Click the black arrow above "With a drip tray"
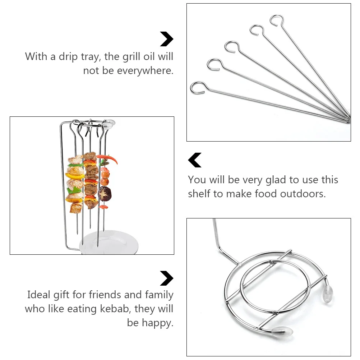167,39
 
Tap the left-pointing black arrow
195,160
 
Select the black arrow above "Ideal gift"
167,278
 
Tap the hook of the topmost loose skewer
277,20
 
